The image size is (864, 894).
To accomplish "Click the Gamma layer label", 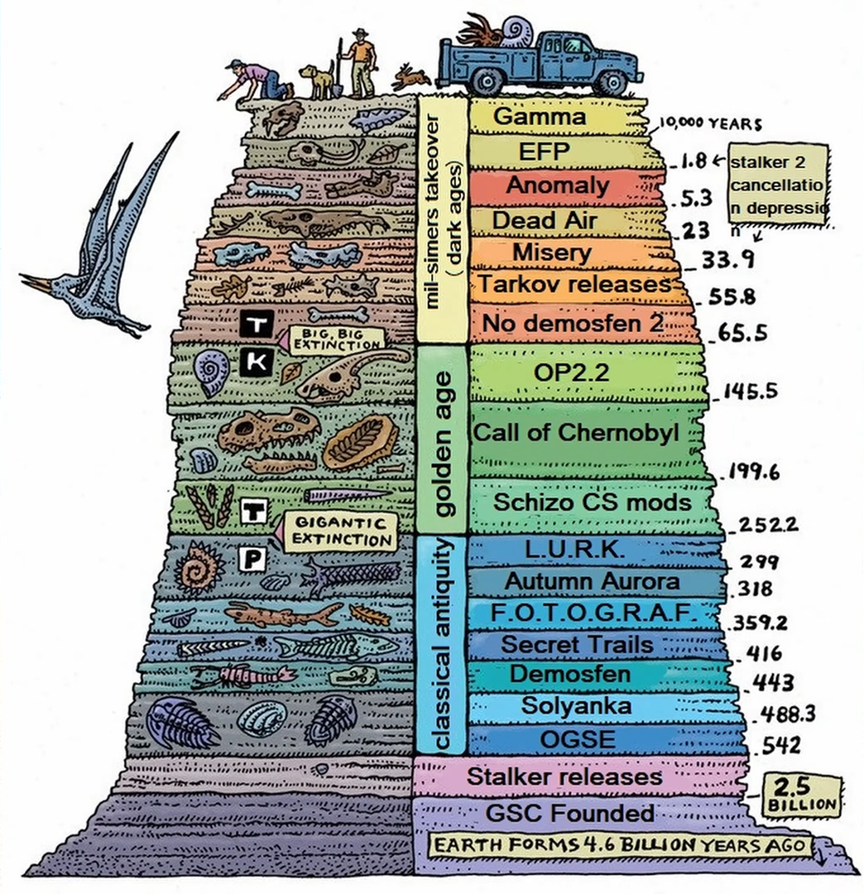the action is [x=539, y=117].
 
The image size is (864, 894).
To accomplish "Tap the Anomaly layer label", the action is [x=558, y=185].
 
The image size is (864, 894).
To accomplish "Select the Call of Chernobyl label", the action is [x=576, y=432].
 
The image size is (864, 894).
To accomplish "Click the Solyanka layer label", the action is [x=576, y=706].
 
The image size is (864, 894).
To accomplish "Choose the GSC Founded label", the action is [x=570, y=813].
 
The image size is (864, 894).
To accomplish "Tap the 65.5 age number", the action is [x=742, y=332].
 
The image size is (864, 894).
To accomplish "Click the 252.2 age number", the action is [x=767, y=524].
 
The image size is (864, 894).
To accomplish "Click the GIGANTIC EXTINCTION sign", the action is [x=340, y=531].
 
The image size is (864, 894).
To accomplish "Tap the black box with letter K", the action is [x=257, y=362].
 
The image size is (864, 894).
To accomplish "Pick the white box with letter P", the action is [x=252, y=559].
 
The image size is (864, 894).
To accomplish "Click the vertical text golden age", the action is [x=443, y=445].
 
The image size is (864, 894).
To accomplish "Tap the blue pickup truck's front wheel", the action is [x=612, y=83].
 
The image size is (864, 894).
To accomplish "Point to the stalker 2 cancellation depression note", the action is [x=778, y=186].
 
